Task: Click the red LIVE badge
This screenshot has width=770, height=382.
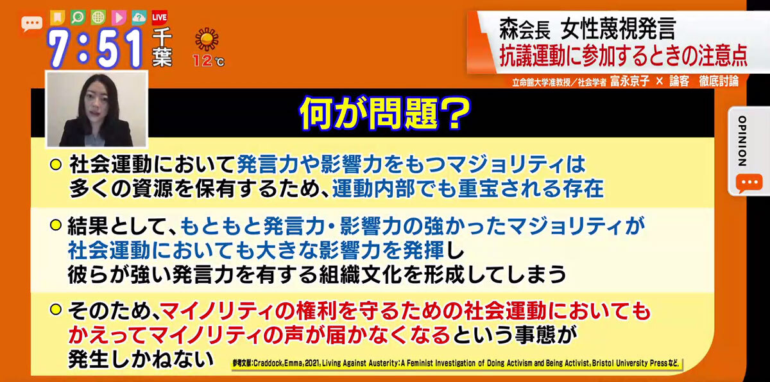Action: (x=160, y=17)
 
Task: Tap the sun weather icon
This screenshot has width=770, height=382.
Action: (x=207, y=39)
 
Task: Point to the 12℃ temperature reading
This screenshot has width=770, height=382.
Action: (x=209, y=61)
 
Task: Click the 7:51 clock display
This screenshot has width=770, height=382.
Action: (x=95, y=49)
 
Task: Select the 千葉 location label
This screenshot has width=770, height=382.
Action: (x=162, y=47)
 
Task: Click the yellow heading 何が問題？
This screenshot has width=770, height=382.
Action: (x=384, y=113)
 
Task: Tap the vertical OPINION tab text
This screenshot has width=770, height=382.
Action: (x=742, y=141)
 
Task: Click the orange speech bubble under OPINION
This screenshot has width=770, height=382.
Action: (x=749, y=183)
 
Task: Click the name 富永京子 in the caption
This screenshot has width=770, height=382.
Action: (x=629, y=81)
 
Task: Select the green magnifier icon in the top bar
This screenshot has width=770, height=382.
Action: (x=78, y=17)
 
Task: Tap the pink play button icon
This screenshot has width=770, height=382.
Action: (x=119, y=17)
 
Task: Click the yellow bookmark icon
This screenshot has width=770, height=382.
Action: (x=57, y=17)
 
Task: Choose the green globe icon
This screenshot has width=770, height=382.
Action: (x=98, y=17)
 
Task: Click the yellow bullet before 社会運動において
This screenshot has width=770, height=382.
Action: (x=56, y=165)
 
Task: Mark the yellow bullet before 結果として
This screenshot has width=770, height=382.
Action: (x=56, y=225)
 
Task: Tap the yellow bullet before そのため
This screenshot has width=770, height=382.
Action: (x=56, y=309)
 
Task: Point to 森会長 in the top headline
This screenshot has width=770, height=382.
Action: (x=525, y=29)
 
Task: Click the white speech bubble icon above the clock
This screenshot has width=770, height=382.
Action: (x=32, y=24)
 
